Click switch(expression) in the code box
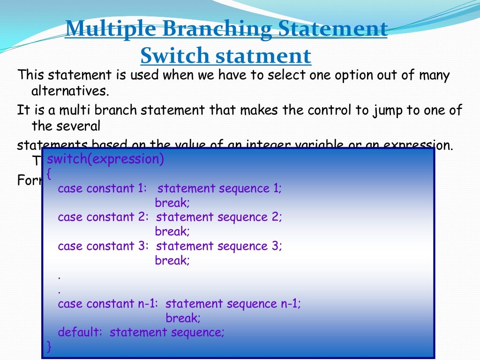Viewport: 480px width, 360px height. (x=105, y=159)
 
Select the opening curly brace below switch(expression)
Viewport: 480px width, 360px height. (x=49, y=174)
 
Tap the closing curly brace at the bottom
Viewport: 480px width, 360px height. (x=49, y=346)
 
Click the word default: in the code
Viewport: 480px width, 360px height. (x=80, y=332)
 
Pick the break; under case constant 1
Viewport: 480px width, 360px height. (x=172, y=203)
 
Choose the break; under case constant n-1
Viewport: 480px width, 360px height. (x=183, y=318)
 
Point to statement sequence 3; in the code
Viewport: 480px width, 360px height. (x=219, y=246)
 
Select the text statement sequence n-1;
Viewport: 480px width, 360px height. (x=233, y=304)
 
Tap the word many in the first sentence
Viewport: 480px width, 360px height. (x=434, y=75)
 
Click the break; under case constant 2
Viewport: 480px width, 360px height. (x=172, y=232)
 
